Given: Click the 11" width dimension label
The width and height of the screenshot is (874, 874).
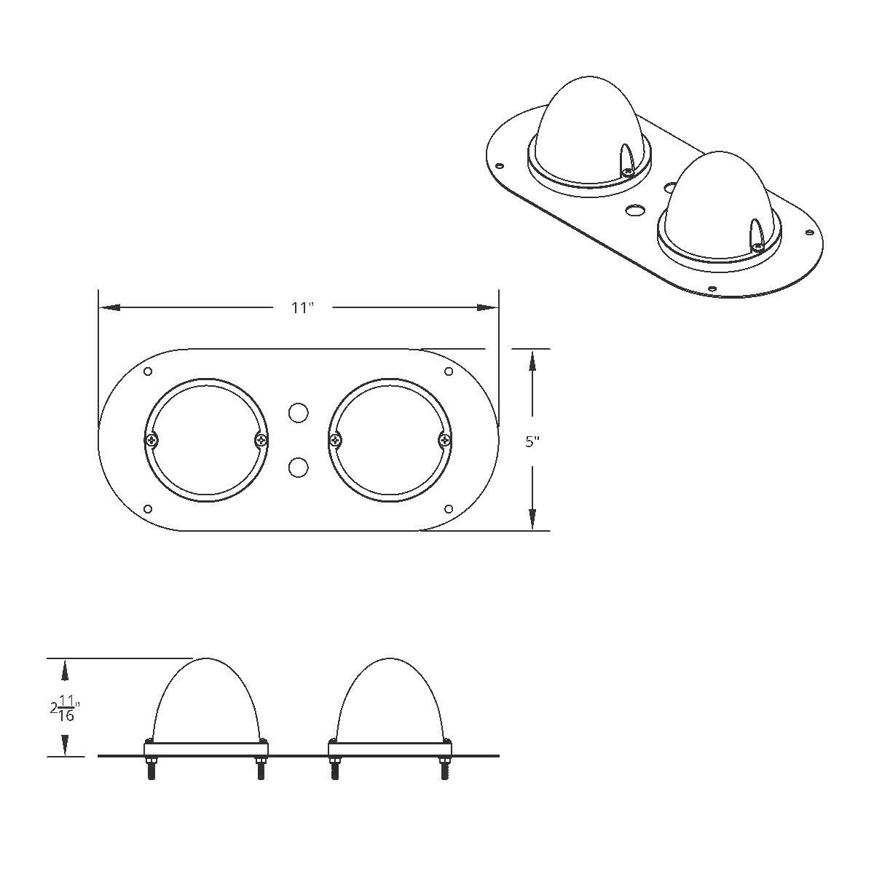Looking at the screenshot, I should pos(302,308).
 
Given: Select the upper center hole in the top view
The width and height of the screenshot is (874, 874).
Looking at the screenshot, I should pos(298,413).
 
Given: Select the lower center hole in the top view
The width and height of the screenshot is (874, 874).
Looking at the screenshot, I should pos(298,467).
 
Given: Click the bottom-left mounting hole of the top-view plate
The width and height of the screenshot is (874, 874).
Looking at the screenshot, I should pos(149,508).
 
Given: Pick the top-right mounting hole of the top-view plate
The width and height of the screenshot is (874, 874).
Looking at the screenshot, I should pos(449,372).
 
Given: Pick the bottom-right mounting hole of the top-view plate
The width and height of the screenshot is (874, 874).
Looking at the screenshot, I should pos(449,508).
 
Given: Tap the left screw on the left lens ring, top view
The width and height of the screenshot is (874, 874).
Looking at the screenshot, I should pos(151,440).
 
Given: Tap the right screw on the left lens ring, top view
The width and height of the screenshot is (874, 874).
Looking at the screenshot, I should pos(261,440).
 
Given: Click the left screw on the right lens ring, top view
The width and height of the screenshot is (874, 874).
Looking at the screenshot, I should pos(335,440).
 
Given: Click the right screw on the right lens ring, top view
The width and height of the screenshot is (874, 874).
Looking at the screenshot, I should pos(444,440).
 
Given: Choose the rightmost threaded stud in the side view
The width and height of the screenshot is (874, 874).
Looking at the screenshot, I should pos(444,771).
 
